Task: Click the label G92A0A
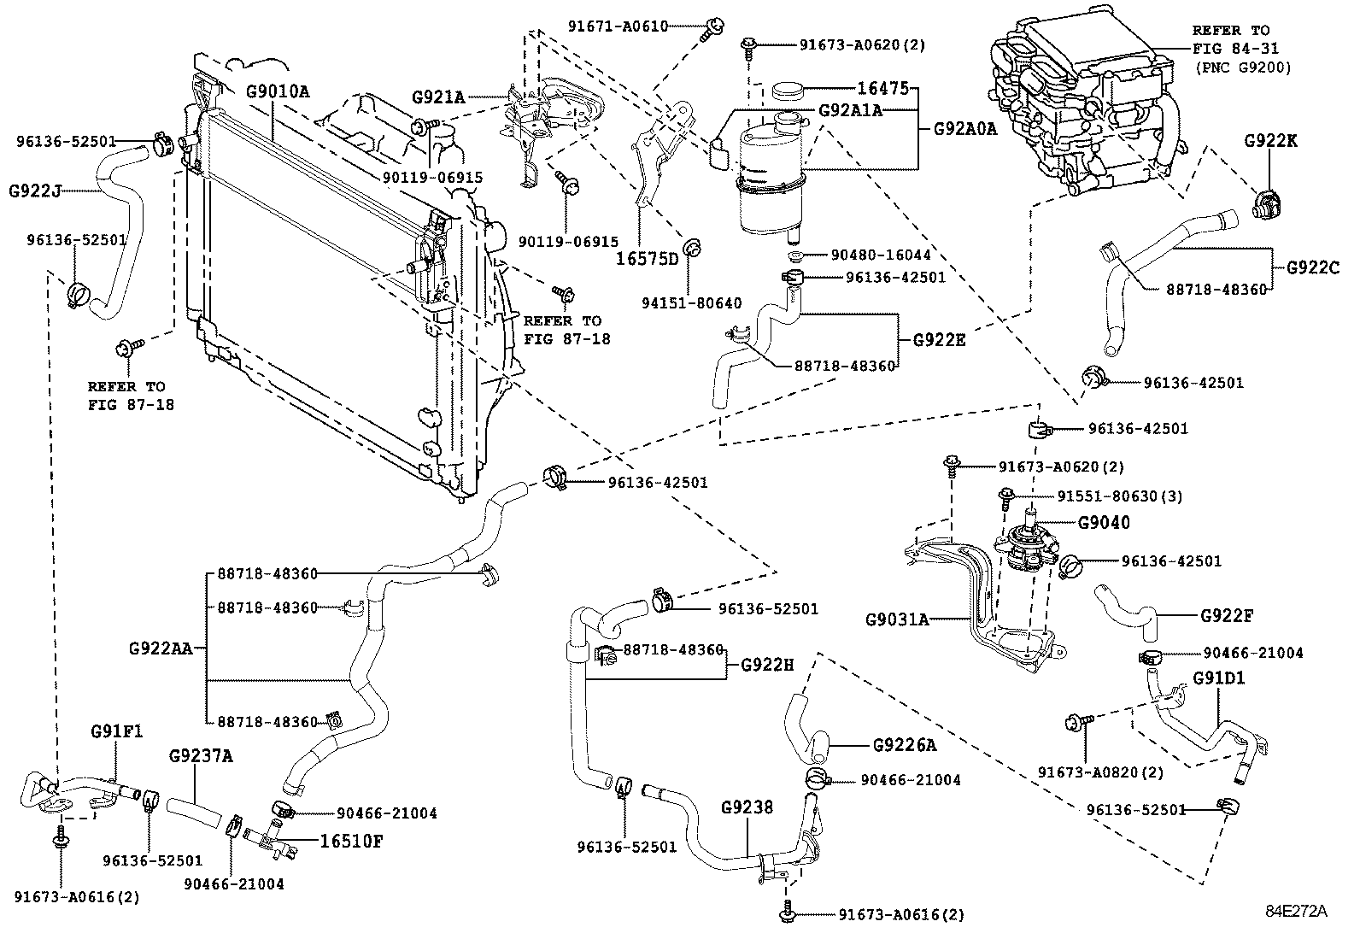click(x=964, y=129)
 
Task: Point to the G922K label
click(x=1270, y=141)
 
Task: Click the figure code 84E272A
click(x=1296, y=910)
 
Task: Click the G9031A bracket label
click(x=896, y=619)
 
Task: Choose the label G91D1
click(x=1218, y=678)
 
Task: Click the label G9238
click(x=747, y=807)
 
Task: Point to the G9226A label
click(x=905, y=745)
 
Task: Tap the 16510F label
click(x=350, y=840)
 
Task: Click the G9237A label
click(x=201, y=756)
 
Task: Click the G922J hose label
click(x=34, y=191)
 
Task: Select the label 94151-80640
click(x=690, y=302)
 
